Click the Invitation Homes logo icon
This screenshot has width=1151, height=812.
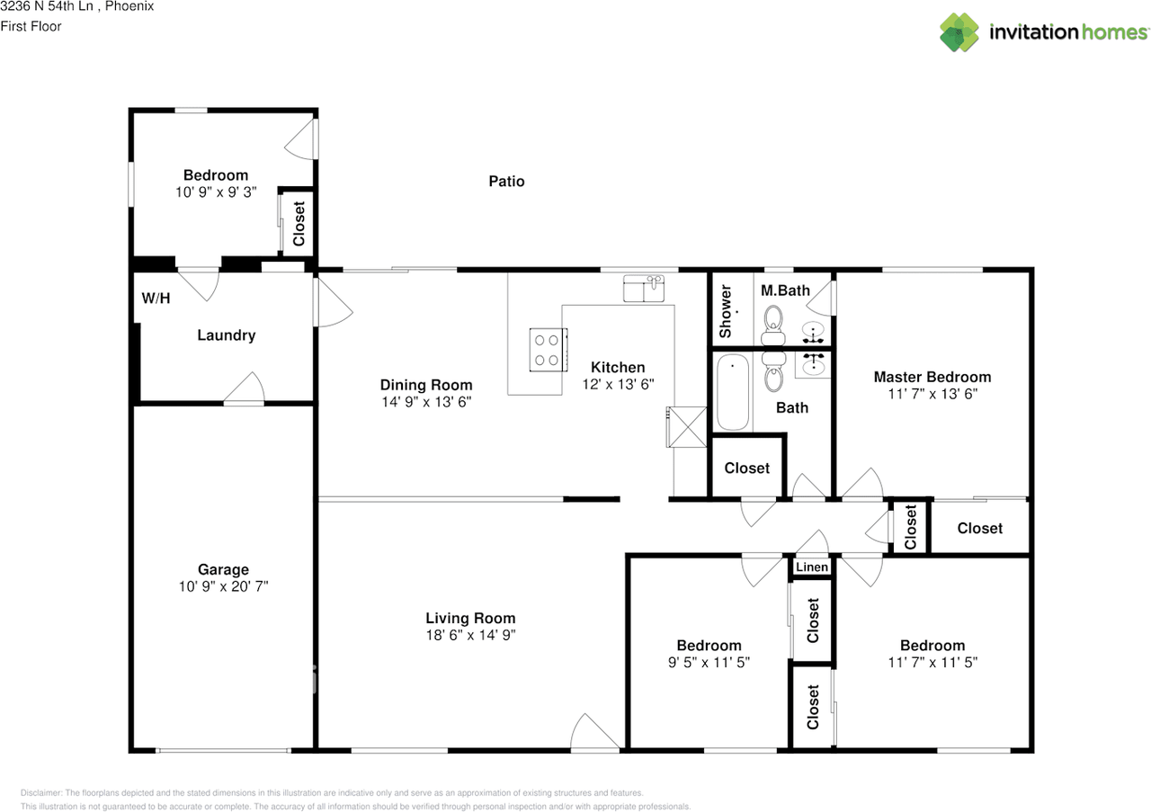[x=959, y=32]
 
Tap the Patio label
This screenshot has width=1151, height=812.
[x=506, y=182]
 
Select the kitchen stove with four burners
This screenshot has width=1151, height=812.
[x=549, y=350]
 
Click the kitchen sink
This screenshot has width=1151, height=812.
[x=643, y=289]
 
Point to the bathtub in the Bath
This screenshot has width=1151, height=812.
[x=732, y=391]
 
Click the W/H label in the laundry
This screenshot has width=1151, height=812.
[x=156, y=298]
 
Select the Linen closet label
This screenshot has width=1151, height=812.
[x=812, y=567]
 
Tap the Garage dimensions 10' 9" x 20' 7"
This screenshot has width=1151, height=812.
[x=224, y=586]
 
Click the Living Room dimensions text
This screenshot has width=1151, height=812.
[x=470, y=635]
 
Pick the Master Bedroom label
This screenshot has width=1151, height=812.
[x=932, y=377]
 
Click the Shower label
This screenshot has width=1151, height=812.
[x=725, y=311]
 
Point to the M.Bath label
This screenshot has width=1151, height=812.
[x=785, y=290]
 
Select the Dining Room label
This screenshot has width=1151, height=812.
[x=426, y=385]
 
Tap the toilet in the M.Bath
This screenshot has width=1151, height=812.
[x=773, y=326]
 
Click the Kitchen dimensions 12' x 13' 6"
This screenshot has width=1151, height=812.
[x=618, y=384]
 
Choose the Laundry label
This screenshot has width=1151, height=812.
[x=226, y=335]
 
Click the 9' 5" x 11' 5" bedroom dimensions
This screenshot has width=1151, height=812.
[x=709, y=663]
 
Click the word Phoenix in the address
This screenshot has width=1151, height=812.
[x=129, y=6]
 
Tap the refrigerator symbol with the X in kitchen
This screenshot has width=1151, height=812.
[x=686, y=427]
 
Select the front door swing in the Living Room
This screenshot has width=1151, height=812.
[x=594, y=731]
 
